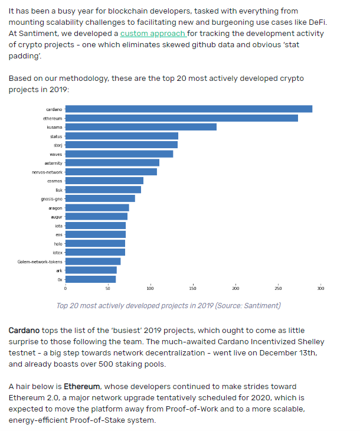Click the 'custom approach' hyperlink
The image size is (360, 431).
click(x=153, y=34)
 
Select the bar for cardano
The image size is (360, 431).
click(x=188, y=109)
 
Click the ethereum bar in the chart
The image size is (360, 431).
click(x=181, y=118)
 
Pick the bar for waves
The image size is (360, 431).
click(x=119, y=154)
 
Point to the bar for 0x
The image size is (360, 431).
click(x=90, y=279)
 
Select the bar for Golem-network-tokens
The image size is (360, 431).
click(x=93, y=261)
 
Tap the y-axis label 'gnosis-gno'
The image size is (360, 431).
click(x=52, y=199)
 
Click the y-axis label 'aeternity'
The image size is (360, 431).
click(x=53, y=163)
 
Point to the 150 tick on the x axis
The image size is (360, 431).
click(x=193, y=288)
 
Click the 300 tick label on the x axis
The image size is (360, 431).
click(x=320, y=288)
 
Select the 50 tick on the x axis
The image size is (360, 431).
click(x=107, y=288)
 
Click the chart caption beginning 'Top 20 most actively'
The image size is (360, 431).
click(x=168, y=305)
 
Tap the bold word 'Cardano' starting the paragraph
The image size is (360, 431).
click(x=24, y=330)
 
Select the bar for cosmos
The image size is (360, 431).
click(x=104, y=181)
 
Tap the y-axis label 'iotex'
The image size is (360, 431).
click(x=57, y=252)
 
